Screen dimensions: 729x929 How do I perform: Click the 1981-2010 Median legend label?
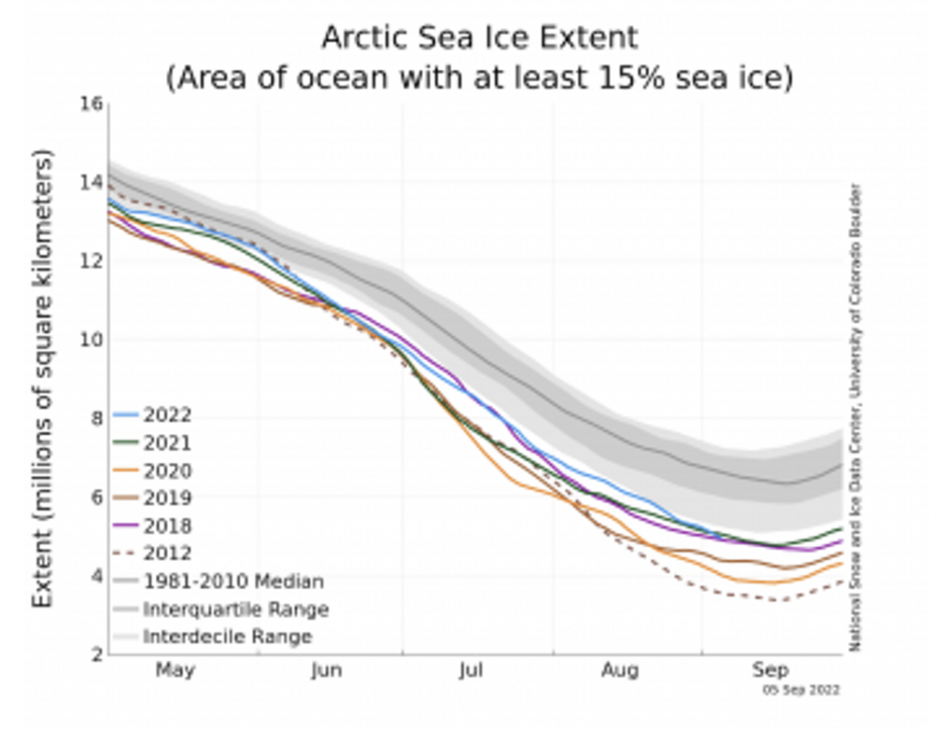click(x=232, y=581)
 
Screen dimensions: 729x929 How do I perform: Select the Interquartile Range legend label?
click(x=235, y=609)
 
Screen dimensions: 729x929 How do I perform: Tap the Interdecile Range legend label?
click(x=227, y=637)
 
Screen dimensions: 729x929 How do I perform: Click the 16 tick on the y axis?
click(x=90, y=103)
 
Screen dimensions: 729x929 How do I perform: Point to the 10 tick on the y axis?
click(x=90, y=340)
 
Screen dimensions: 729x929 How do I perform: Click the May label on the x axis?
click(x=175, y=671)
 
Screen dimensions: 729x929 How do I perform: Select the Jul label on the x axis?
click(x=471, y=671)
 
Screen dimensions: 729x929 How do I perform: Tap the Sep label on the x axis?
click(x=769, y=671)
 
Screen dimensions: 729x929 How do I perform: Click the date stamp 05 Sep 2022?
click(x=801, y=691)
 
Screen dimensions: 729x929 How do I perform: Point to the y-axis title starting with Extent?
click(x=42, y=379)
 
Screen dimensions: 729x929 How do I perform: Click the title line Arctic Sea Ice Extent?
click(x=479, y=38)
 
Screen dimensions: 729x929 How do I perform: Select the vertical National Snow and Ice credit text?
click(x=855, y=417)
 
